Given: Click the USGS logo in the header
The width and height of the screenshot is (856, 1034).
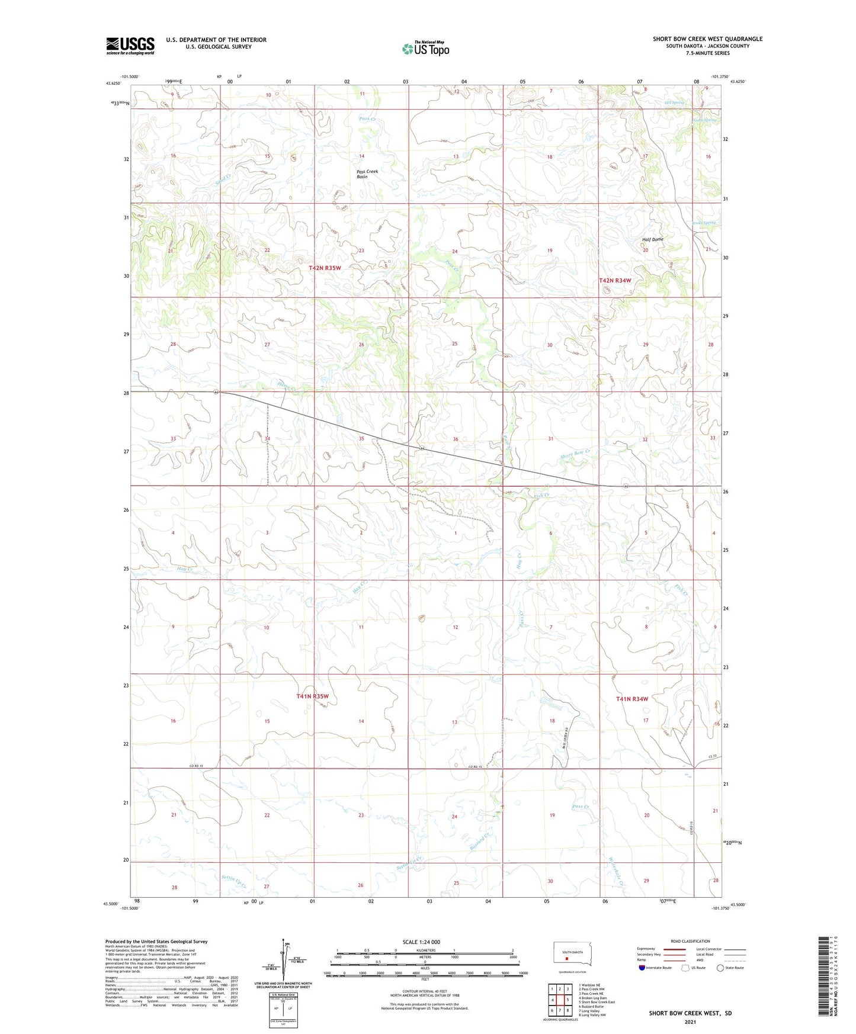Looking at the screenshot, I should (x=130, y=46).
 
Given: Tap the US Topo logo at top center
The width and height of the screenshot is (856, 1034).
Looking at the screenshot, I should (x=425, y=48).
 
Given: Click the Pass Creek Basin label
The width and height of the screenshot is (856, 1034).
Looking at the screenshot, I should (x=367, y=174).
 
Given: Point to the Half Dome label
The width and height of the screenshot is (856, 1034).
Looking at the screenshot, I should (x=653, y=239).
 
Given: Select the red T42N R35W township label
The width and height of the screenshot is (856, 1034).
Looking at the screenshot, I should (x=325, y=268).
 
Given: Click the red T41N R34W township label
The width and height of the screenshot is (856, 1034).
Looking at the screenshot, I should (x=631, y=699).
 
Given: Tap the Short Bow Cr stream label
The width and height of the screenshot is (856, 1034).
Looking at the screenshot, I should (x=575, y=454).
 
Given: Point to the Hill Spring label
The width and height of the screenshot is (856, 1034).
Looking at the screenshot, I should (x=674, y=102).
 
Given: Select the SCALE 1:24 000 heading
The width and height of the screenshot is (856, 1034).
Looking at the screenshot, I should (x=421, y=942).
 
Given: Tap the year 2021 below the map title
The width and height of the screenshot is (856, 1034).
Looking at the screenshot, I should (x=690, y=1022).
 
